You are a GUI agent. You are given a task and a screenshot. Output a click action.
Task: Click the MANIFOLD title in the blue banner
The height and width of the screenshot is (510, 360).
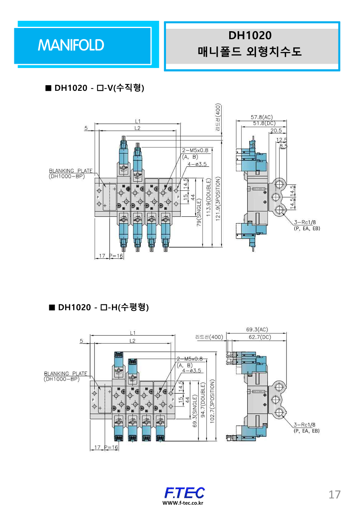pos(71,45)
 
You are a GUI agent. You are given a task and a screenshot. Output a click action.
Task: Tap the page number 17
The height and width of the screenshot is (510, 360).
pos(334,494)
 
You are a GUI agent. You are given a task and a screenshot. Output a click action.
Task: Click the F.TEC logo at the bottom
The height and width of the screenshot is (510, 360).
pos(184,493)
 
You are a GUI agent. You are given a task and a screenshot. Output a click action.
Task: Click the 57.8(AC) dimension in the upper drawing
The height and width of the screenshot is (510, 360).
pos(262,117)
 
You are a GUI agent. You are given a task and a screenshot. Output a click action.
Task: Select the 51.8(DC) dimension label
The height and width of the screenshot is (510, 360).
pos(262,124)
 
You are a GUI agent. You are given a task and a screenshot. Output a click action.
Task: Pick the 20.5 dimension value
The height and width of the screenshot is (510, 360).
pos(276,131)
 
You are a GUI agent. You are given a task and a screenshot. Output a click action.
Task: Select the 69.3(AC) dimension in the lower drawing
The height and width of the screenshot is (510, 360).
pos(257,330)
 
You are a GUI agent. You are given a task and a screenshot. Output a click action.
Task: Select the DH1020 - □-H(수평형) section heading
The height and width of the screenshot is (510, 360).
pos(99,307)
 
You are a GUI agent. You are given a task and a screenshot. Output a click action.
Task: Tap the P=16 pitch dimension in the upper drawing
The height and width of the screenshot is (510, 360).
pos(116,255)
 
